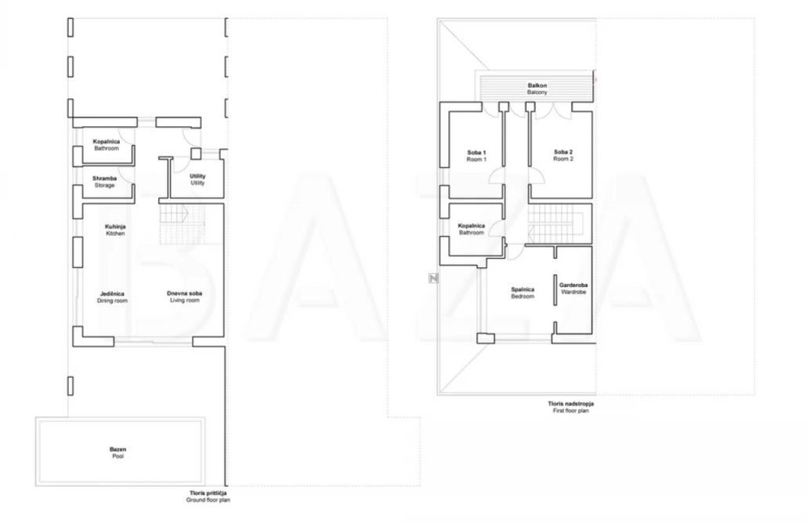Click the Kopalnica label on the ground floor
tap(107, 145)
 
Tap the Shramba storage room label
tap(104, 182)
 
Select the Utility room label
tap(197, 180)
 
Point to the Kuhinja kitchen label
tap(115, 230)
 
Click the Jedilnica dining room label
tap(112, 297)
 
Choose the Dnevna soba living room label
tap(184, 297)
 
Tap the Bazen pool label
tap(118, 452)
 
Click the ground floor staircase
tap(183, 223)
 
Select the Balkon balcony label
tap(537, 89)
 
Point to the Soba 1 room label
tap(476, 156)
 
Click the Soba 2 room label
tap(563, 155)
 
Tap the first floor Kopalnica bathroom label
tap(472, 229)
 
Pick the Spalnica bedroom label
tap(523, 292)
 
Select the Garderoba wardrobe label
tap(574, 289)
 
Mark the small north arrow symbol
tap(433, 278)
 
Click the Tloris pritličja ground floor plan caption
tap(208, 496)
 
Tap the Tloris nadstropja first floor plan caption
tap(570, 407)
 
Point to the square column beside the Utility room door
tap(196, 154)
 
